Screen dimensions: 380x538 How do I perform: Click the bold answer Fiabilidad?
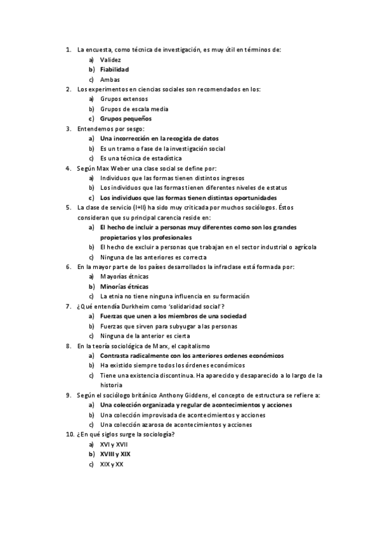pyautogui.click(x=114, y=69)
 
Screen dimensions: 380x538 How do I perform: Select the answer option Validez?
pyautogui.click(x=110, y=60)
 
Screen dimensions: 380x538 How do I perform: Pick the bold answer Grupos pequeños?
pyautogui.click(x=126, y=118)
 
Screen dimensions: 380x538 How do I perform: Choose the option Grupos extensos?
pyautogui.click(x=124, y=99)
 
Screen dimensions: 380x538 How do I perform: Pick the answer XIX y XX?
pyautogui.click(x=112, y=464)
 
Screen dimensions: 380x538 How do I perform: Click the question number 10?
pyautogui.click(x=70, y=435)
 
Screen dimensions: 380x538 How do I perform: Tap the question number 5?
pyautogui.click(x=69, y=207)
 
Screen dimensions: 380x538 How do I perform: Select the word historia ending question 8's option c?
pyautogui.click(x=111, y=384)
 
